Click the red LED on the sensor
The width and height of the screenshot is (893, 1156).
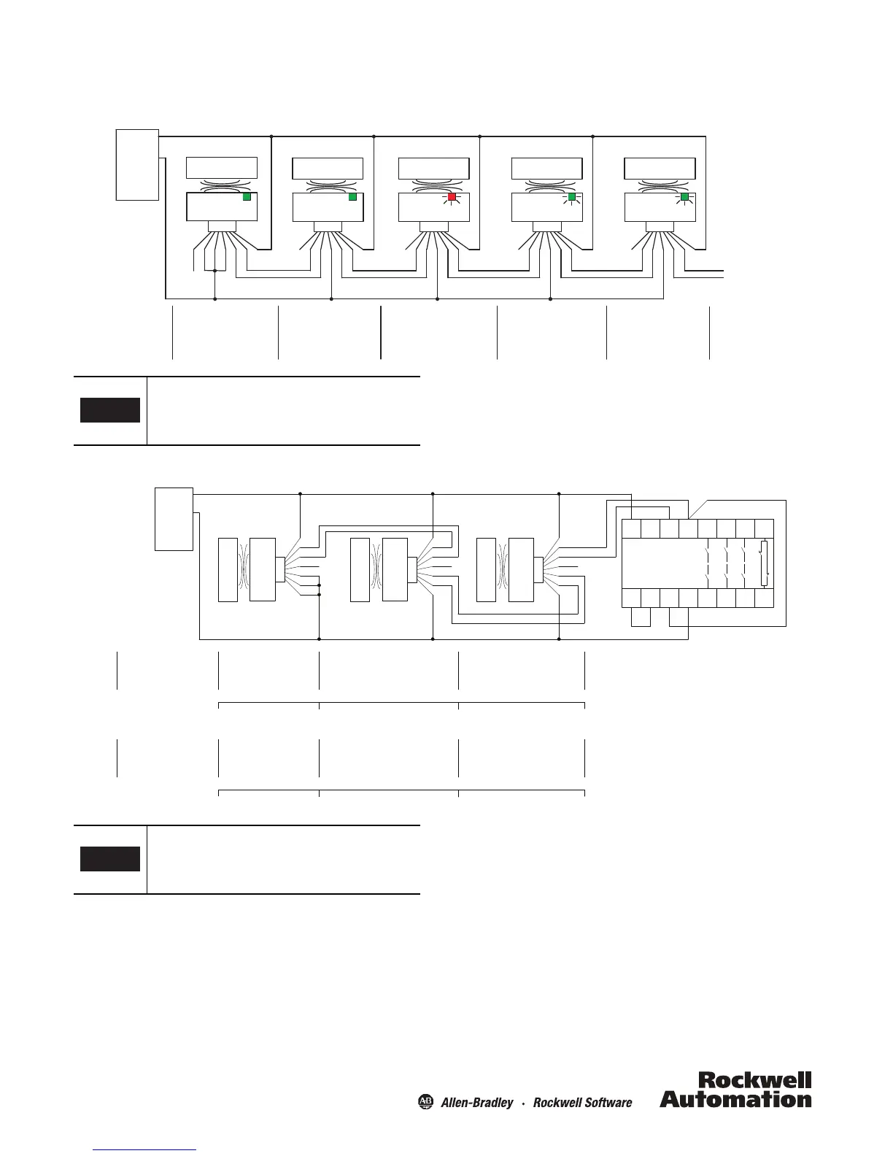452,197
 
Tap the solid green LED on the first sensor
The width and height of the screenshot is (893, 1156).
247,197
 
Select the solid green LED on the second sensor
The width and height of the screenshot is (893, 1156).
353,197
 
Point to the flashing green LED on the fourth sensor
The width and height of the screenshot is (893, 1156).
572,197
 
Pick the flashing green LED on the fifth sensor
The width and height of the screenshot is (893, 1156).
684,197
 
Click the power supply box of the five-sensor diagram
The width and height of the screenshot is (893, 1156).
137,164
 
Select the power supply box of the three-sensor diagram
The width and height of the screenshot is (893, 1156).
174,519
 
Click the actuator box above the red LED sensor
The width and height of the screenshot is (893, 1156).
435,168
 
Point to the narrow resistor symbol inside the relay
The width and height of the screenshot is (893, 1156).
764,563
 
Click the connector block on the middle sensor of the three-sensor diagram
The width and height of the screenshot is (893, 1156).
411,569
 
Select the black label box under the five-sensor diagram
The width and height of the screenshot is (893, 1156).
109,410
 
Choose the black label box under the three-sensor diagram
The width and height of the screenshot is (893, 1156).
109,859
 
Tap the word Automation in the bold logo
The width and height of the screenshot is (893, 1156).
735,1098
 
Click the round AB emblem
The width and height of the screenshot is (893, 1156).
425,1101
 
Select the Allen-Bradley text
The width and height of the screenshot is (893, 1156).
476,1102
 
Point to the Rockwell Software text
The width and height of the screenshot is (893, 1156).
582,1102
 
